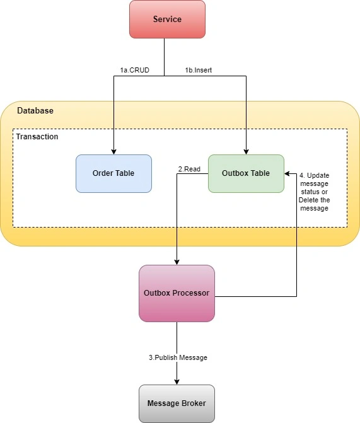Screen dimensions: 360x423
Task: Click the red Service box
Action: (167, 19)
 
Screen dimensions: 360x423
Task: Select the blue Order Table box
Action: (113, 173)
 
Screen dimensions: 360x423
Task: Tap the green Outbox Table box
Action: (246, 173)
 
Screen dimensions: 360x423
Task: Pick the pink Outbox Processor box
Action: (177, 293)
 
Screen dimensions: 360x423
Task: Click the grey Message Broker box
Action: (177, 403)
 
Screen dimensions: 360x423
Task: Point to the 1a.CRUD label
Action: (135, 70)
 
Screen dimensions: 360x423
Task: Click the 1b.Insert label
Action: (199, 70)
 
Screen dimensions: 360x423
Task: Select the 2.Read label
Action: (189, 169)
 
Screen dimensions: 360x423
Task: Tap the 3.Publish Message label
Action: (178, 357)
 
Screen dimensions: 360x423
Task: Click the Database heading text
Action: (35, 110)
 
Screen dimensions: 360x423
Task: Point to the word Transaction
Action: (37, 137)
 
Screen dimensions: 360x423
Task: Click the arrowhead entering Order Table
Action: (113, 151)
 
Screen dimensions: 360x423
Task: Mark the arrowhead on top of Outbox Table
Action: (246, 151)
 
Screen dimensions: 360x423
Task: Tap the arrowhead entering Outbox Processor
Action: (177, 262)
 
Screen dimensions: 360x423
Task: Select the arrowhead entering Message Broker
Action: (177, 382)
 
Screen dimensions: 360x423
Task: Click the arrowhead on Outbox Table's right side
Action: (287, 174)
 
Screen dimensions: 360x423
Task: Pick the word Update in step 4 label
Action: (318, 175)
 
